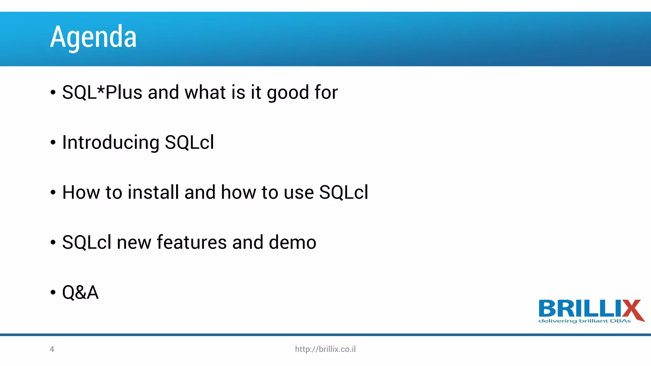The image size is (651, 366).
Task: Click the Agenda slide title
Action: coord(93,37)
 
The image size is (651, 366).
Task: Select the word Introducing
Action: coord(111,142)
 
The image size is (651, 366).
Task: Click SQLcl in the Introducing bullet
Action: coord(189,142)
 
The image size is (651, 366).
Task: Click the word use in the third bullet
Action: coord(299,193)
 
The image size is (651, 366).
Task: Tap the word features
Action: coord(192,242)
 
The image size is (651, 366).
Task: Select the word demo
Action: coord(292,242)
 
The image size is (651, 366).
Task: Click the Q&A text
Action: coord(80,292)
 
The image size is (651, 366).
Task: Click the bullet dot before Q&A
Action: coord(53,293)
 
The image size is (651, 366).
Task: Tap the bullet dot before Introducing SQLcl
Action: coord(53,143)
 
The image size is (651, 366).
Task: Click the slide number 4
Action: coord(52,349)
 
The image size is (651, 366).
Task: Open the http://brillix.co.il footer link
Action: coord(325,349)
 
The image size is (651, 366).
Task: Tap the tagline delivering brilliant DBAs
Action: coord(584,321)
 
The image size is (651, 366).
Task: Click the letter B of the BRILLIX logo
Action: coord(548,308)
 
